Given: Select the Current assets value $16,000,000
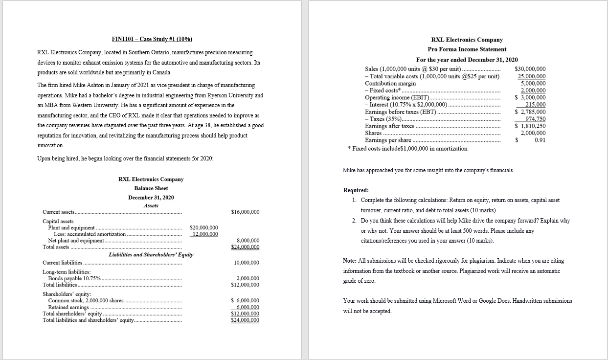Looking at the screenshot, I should [245, 212].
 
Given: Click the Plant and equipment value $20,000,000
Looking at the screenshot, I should [203, 228].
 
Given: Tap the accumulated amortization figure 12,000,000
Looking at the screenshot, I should [205, 234].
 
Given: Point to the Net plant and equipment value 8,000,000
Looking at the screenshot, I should [248, 241].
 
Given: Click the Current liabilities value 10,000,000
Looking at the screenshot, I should [248, 263].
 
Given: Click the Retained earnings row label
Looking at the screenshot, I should [65, 307].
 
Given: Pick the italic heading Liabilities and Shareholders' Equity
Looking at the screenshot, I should [151, 254].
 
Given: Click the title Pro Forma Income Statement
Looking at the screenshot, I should [467, 49].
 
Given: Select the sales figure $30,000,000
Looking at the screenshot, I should [531, 69].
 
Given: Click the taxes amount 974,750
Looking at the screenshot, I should [535, 119].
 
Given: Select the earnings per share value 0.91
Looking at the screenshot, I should [540, 140].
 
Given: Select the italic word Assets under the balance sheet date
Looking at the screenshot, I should [151, 205].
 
